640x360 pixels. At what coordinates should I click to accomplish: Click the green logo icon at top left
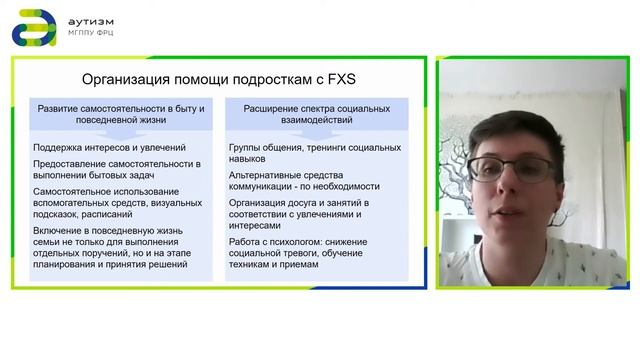pos(30,26)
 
